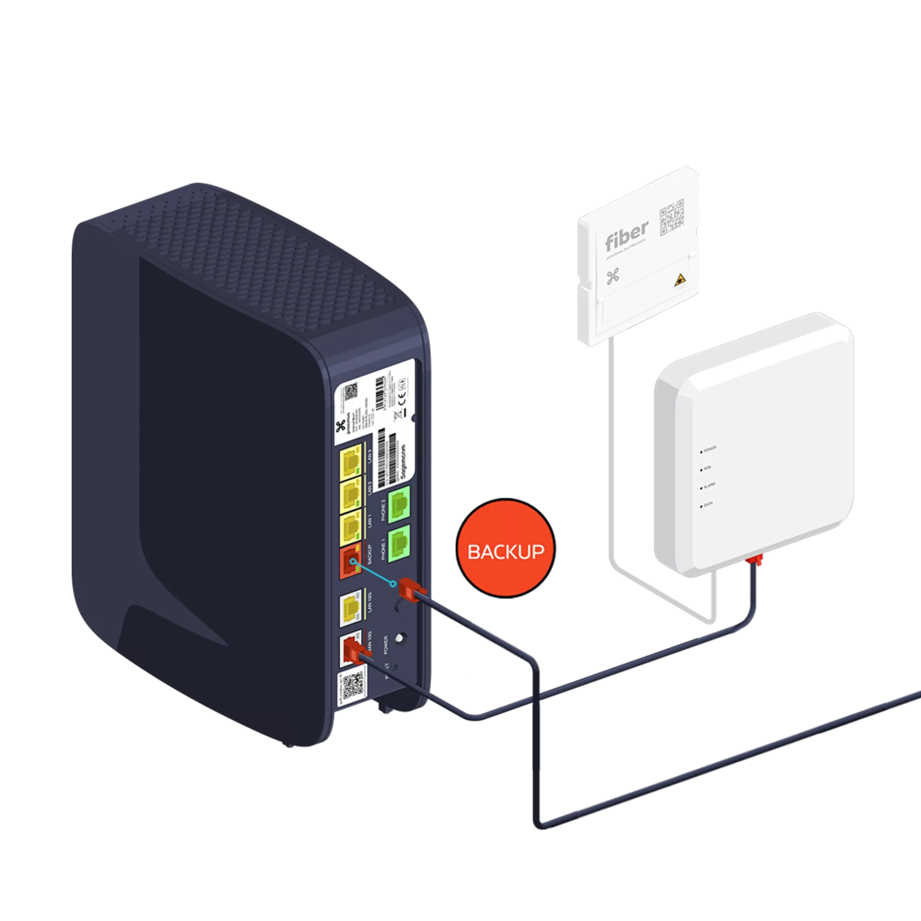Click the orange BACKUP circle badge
click(506, 548)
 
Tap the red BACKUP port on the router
click(350, 563)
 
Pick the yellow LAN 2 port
click(350, 494)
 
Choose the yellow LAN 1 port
click(350, 527)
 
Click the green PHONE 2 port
click(399, 505)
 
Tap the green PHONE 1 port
click(399, 543)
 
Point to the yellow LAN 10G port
click(350, 609)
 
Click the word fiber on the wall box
click(626, 235)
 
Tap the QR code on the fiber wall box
click(671, 217)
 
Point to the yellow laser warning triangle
click(680, 279)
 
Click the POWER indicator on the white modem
click(701, 452)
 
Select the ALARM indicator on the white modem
click(701, 488)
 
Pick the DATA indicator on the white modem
click(701, 506)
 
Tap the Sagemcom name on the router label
click(404, 461)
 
